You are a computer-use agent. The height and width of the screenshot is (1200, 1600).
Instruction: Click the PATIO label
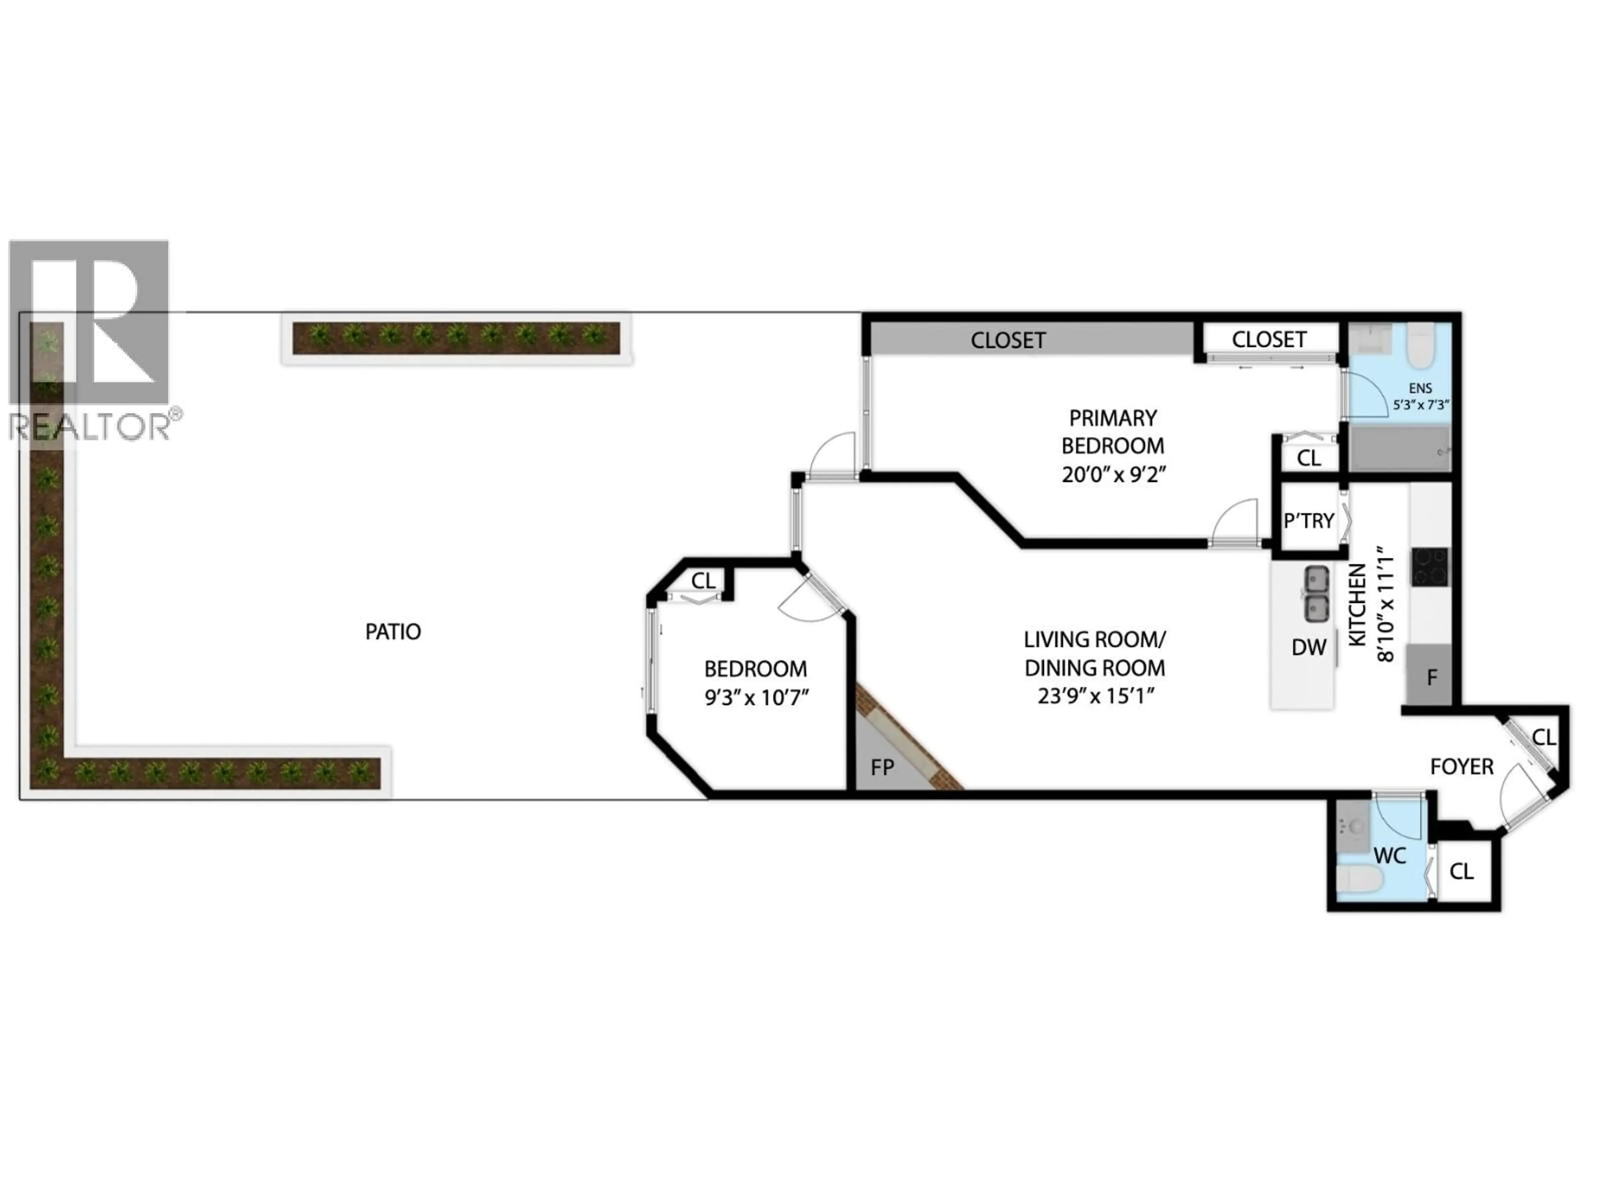pyautogui.click(x=393, y=632)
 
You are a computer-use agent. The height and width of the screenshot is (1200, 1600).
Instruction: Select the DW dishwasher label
pyautogui.click(x=1308, y=647)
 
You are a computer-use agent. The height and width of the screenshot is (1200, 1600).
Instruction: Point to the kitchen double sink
pyautogui.click(x=1316, y=594)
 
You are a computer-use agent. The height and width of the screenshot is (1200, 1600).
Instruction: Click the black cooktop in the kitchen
pyautogui.click(x=1430, y=566)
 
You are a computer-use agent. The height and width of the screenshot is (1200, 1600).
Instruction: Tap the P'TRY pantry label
pyautogui.click(x=1308, y=521)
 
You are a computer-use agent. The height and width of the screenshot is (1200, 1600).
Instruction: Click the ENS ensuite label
pyautogui.click(x=1420, y=388)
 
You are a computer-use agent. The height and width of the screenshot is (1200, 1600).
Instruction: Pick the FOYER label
pyautogui.click(x=1462, y=767)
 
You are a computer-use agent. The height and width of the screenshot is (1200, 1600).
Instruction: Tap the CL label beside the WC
pyautogui.click(x=1461, y=872)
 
